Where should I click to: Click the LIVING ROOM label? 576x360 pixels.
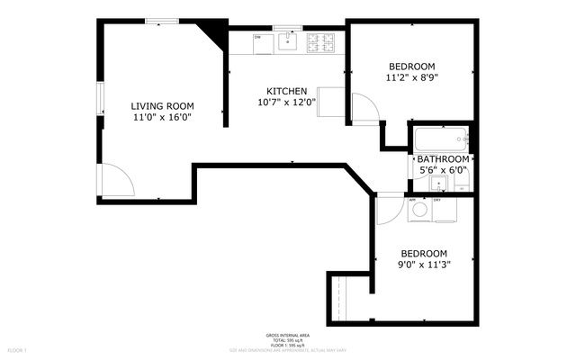(x=163, y=105)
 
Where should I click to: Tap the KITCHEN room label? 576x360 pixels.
(x=287, y=91)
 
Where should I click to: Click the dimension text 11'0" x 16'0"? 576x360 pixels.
(x=163, y=117)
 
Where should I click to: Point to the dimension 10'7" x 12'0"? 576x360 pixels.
(x=287, y=103)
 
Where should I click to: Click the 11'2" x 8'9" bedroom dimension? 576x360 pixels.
(x=411, y=78)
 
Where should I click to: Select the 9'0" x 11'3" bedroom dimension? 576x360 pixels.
(x=425, y=265)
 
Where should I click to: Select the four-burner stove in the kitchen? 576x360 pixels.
(x=320, y=41)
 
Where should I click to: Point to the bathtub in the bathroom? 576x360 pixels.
(x=441, y=139)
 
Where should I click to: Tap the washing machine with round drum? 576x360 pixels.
(x=419, y=210)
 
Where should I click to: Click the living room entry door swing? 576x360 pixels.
(x=115, y=181)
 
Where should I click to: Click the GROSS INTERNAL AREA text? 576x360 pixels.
(x=288, y=333)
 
